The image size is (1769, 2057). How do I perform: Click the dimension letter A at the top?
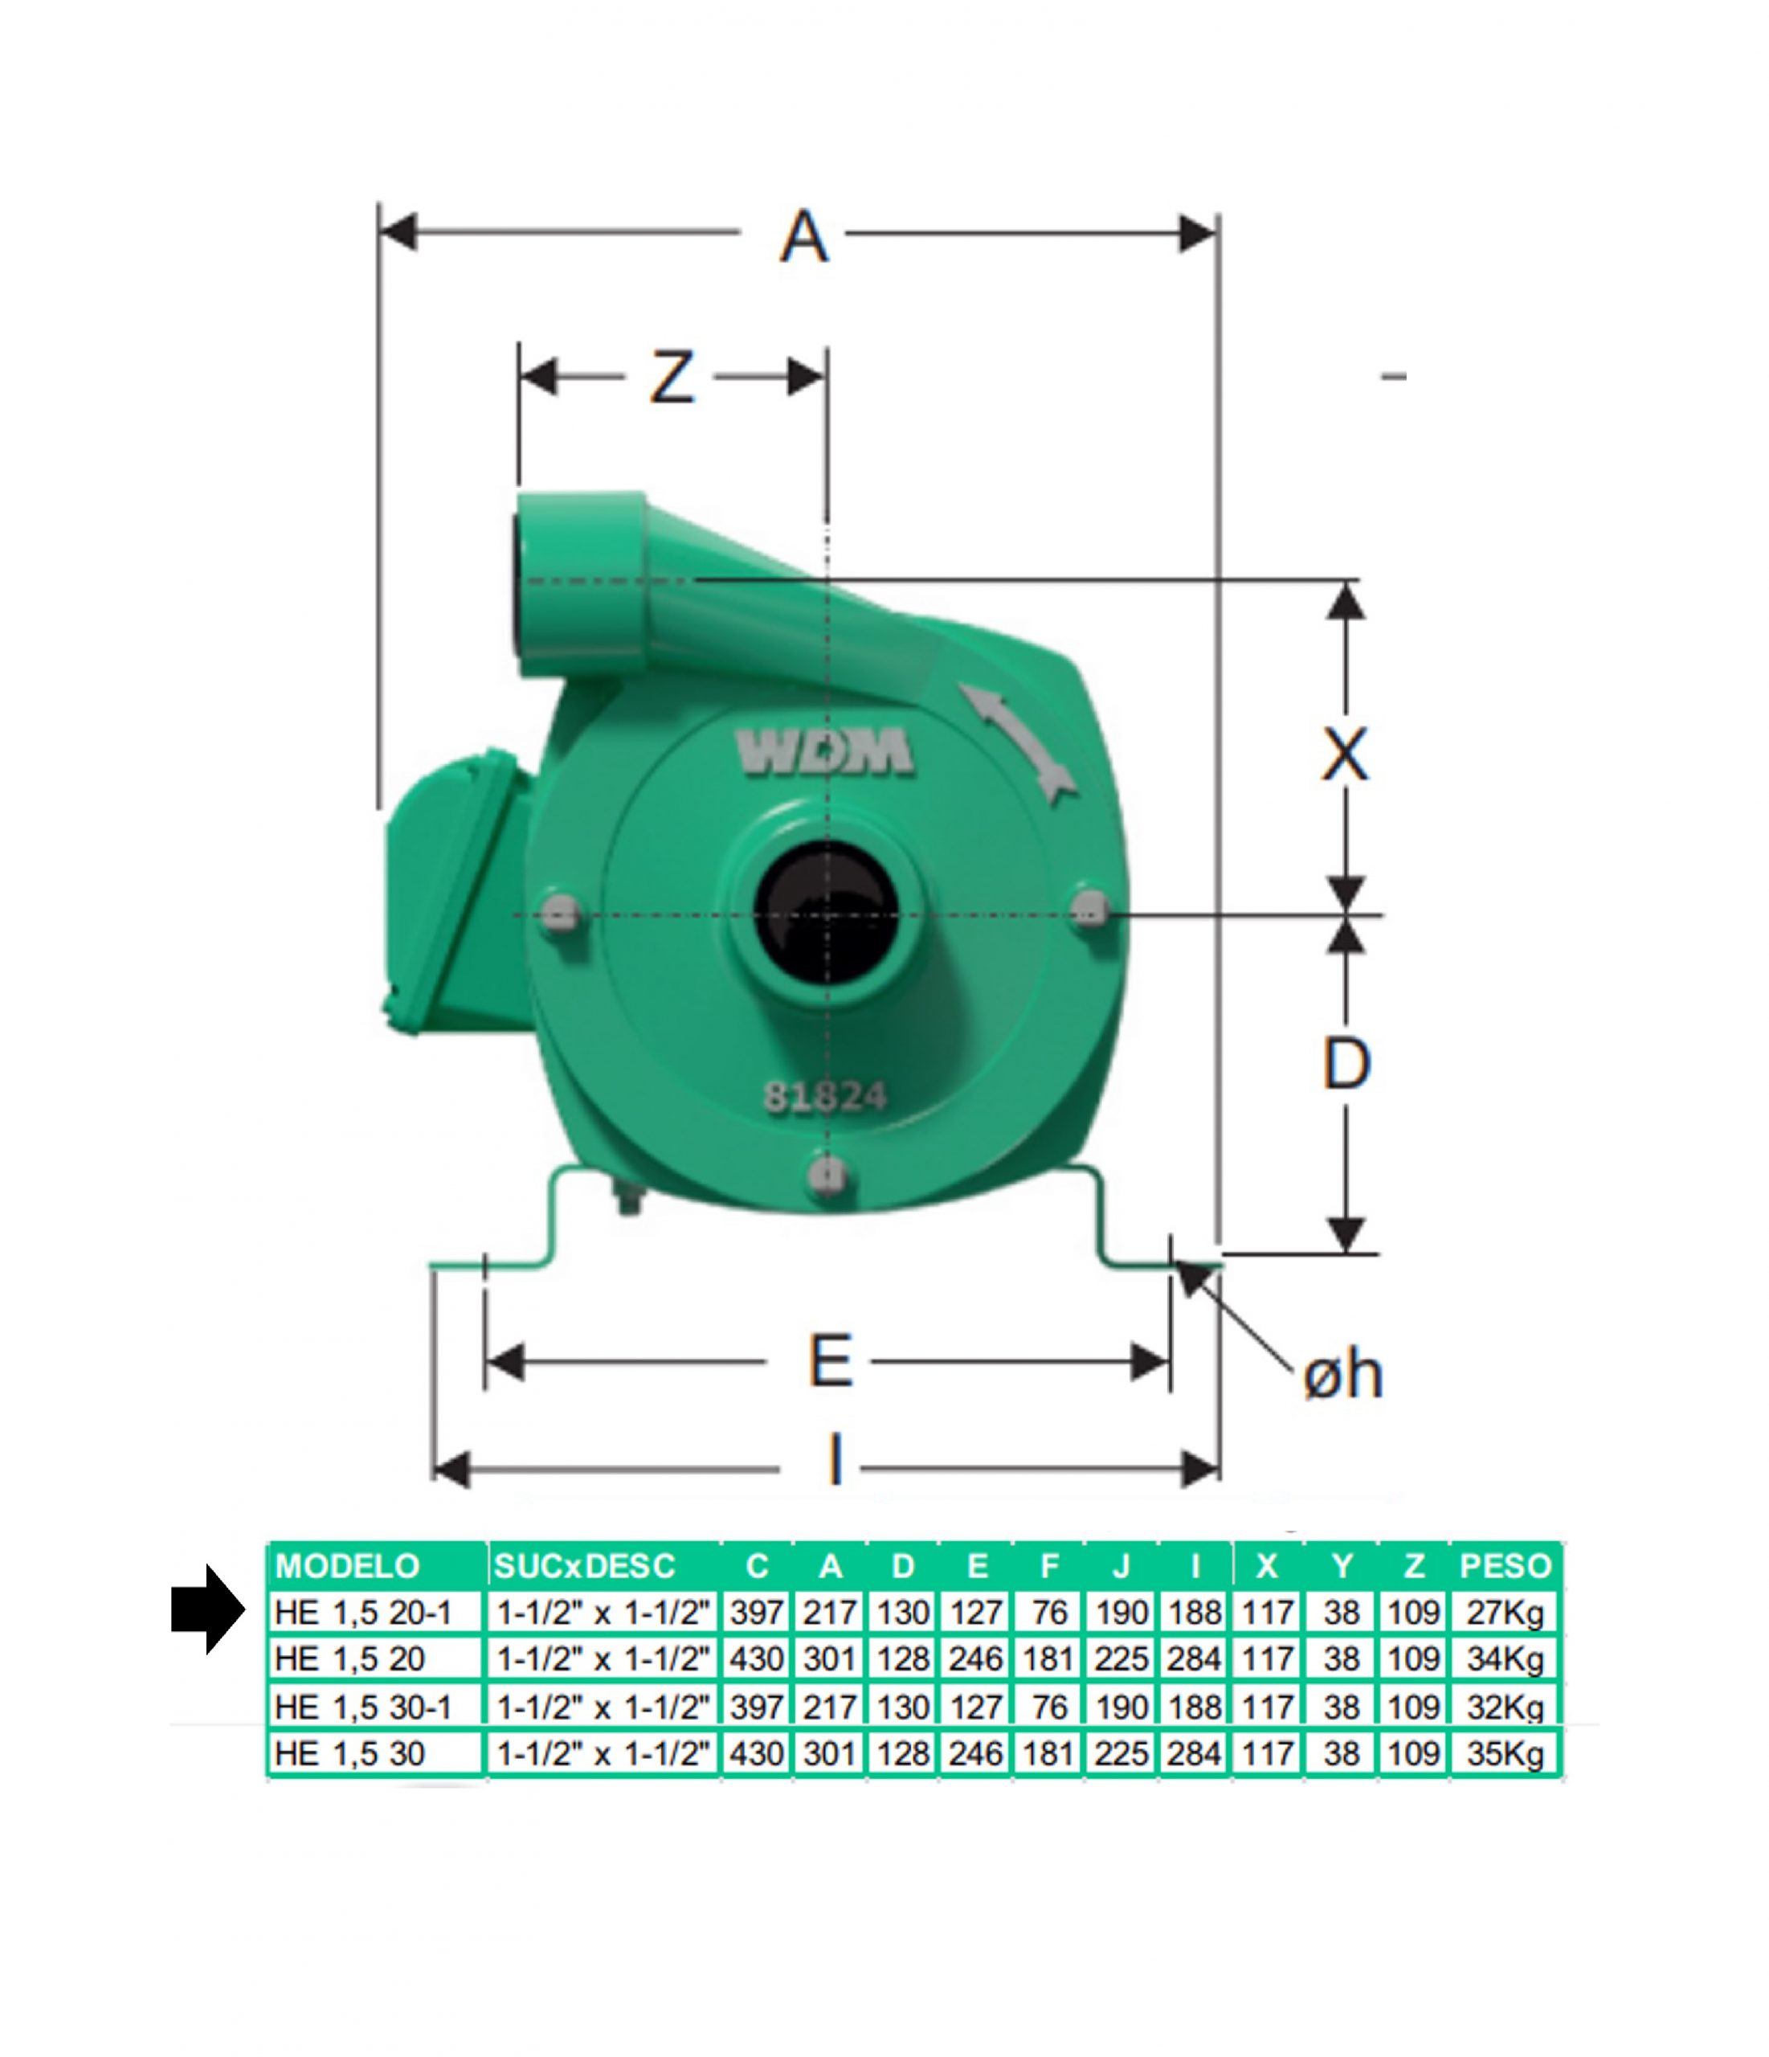(x=803, y=237)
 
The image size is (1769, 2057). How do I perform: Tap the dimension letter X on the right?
(x=1345, y=755)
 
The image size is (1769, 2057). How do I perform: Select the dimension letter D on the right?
(x=1346, y=1063)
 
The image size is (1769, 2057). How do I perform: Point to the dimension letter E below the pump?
(x=830, y=1361)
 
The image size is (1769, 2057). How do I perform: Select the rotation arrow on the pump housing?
(x=1018, y=739)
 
